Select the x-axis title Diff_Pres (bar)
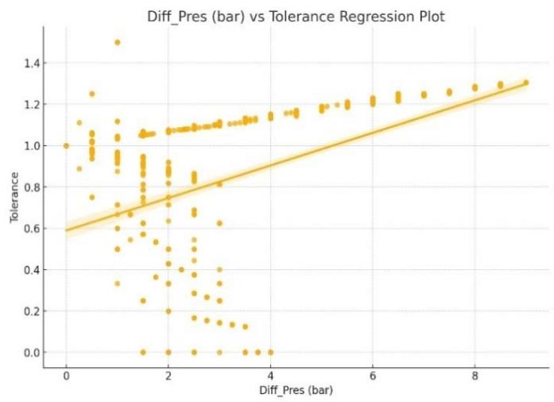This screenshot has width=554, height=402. tap(296, 391)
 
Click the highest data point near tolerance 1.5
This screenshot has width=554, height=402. tap(118, 42)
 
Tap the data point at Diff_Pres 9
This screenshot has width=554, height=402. tap(526, 83)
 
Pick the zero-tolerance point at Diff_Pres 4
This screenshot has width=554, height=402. tap(271, 352)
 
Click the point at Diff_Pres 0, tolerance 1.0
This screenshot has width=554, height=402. tap(67, 145)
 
